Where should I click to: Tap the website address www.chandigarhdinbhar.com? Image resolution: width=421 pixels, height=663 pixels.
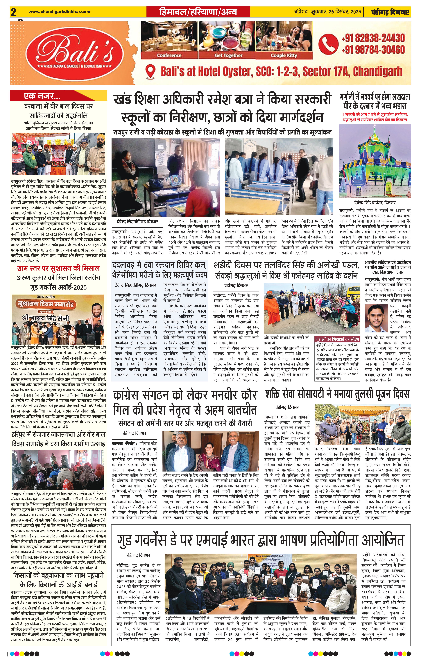coord(59,12)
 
